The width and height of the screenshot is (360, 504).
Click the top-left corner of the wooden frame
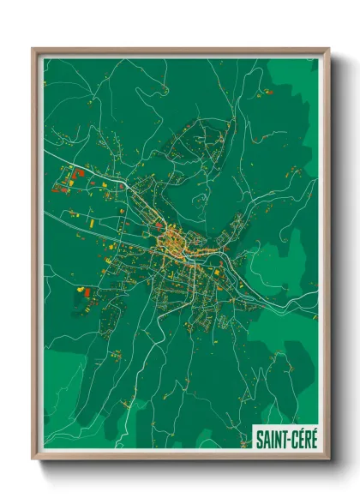point(33,50)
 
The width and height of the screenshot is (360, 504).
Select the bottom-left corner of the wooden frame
point(33,459)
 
